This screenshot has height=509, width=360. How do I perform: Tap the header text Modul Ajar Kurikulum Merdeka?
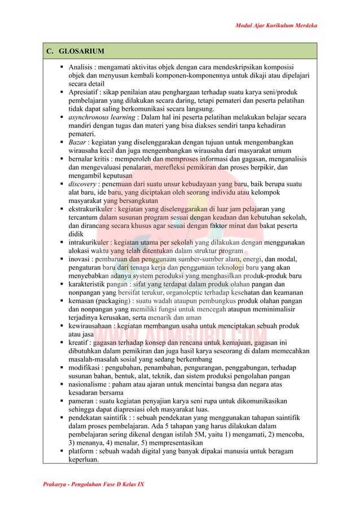click(276, 26)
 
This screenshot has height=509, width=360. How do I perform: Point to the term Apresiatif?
click(85, 92)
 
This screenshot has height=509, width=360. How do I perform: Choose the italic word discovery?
click(82, 184)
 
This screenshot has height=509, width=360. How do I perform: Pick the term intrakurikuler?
click(90, 243)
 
